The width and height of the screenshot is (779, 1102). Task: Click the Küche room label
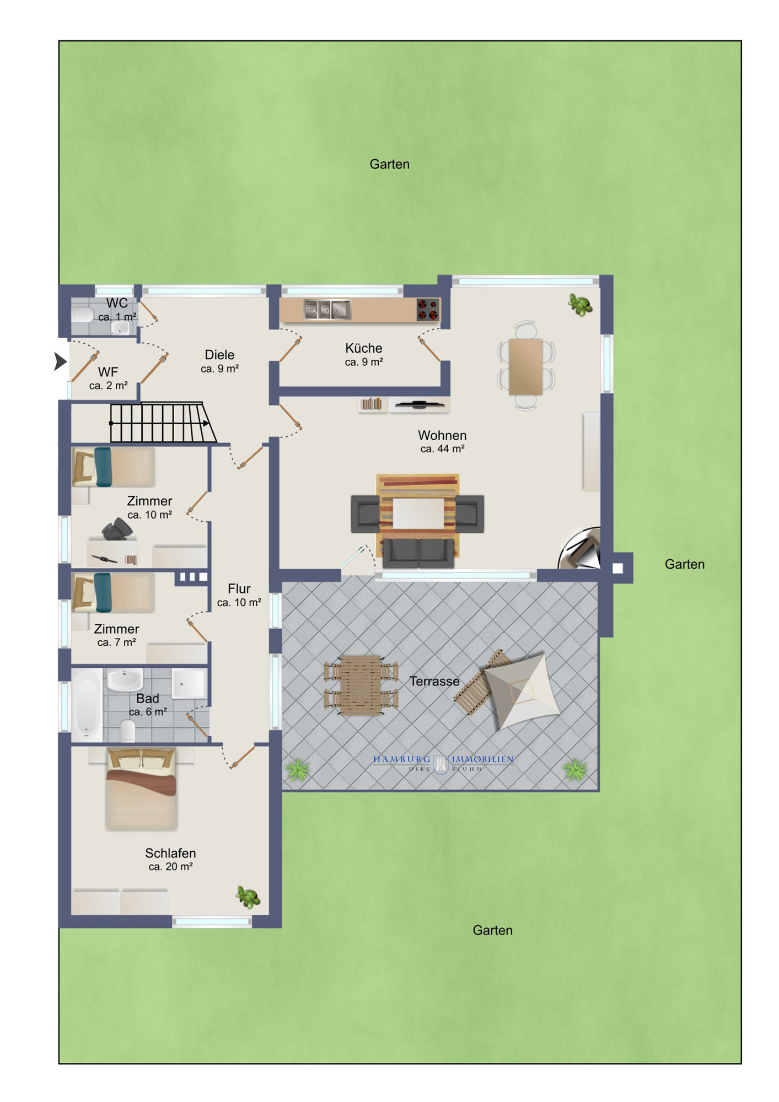[x=364, y=348]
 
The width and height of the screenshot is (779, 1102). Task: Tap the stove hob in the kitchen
[x=428, y=310]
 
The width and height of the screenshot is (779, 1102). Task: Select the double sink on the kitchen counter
[x=327, y=310]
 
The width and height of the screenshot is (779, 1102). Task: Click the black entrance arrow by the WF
[x=60, y=361]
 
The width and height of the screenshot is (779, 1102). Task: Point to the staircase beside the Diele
[x=163, y=423]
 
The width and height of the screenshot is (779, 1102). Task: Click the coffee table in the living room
[x=418, y=514]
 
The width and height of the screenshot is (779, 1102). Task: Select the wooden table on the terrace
[x=361, y=685]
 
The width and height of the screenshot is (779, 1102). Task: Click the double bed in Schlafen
[x=142, y=788]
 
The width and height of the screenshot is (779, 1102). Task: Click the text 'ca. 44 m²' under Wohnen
[x=442, y=449]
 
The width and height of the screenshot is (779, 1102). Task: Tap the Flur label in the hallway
[x=239, y=588]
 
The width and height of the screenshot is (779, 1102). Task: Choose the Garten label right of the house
[x=685, y=564]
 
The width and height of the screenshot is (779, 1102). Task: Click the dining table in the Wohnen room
[x=525, y=366]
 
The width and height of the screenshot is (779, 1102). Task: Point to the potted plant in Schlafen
[x=248, y=897]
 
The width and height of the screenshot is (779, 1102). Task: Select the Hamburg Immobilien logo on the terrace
[x=443, y=764]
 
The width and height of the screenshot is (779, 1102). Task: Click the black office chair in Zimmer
[x=117, y=530]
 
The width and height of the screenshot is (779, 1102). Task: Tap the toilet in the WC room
[x=83, y=315]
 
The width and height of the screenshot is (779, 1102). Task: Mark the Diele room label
[x=219, y=355]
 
